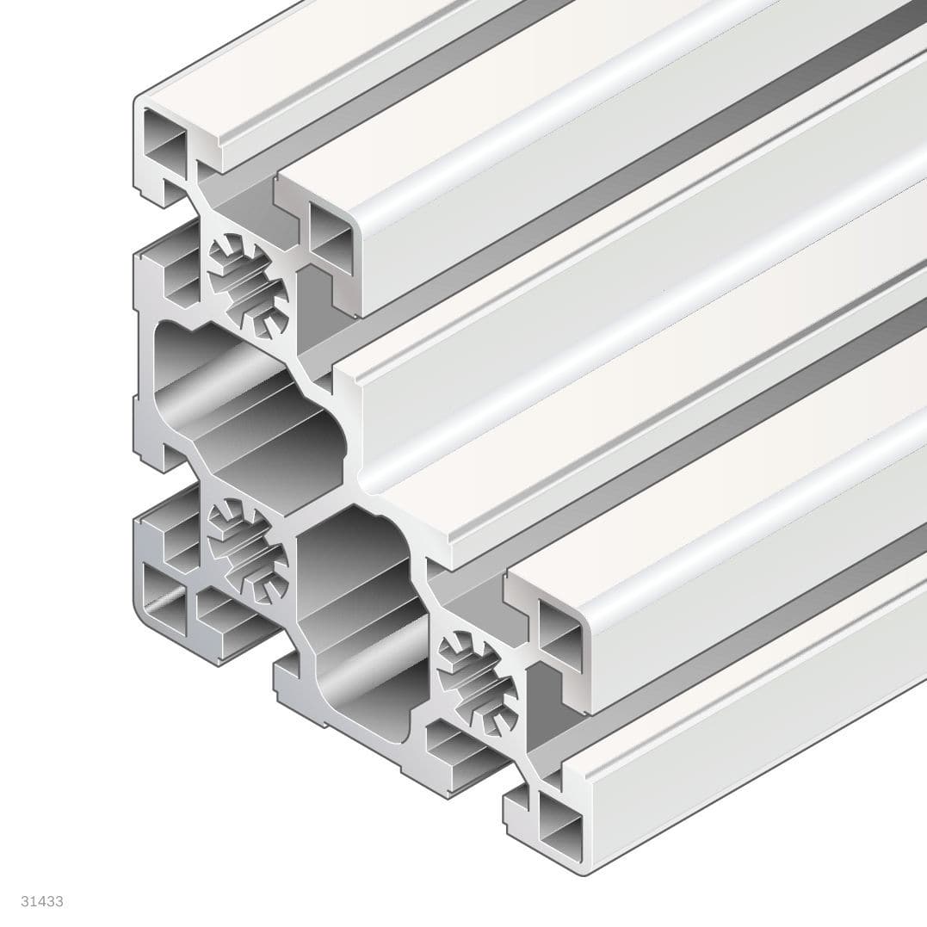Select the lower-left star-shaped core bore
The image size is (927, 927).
(x=249, y=551)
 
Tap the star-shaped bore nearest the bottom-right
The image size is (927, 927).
(x=478, y=672)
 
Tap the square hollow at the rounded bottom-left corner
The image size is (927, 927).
(x=164, y=603)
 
